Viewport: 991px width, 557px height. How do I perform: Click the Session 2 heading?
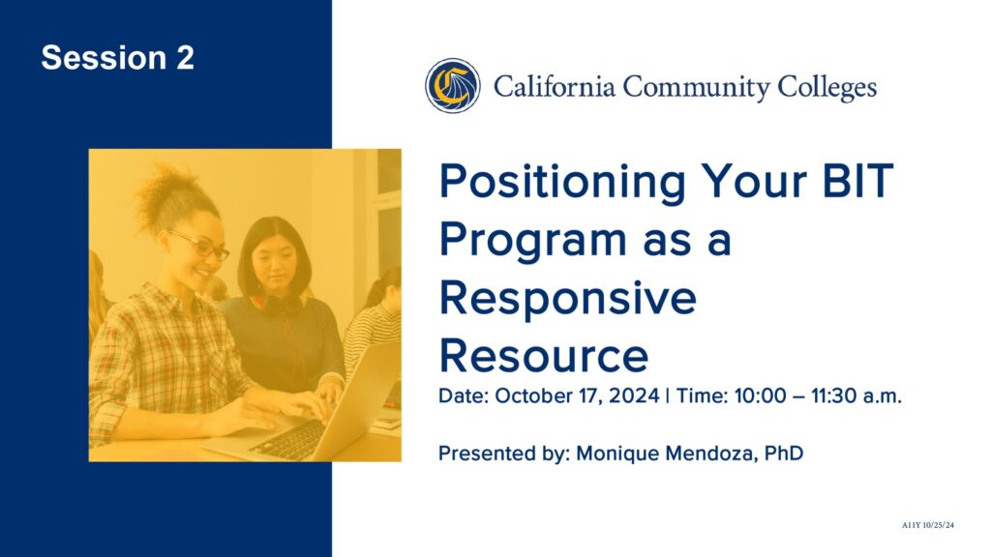click(117, 57)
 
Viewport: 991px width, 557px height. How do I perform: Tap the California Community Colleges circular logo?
click(453, 86)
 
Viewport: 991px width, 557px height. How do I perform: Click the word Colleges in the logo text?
click(826, 88)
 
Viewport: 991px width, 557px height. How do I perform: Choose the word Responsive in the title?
click(567, 299)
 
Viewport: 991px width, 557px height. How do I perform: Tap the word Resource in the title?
click(544, 356)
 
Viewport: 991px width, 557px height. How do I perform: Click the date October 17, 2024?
click(577, 396)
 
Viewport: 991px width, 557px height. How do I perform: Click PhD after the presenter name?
click(784, 453)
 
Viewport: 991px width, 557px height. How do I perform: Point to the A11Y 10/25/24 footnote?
click(928, 525)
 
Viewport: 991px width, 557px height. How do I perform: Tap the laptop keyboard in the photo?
click(288, 439)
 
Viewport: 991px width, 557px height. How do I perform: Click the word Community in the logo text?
click(696, 88)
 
